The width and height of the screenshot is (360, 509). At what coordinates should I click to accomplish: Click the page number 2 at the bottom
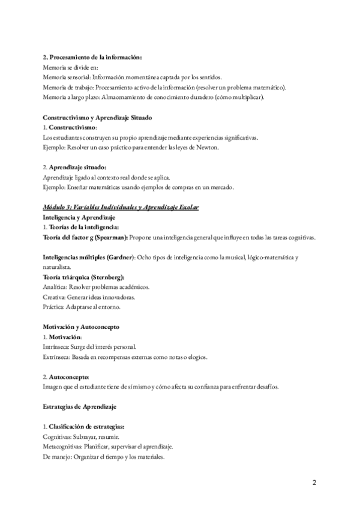(x=314, y=483)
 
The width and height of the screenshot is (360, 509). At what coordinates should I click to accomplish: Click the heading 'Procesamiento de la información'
(x=96, y=57)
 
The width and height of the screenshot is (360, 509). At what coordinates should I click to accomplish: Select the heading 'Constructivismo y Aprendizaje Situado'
(x=98, y=118)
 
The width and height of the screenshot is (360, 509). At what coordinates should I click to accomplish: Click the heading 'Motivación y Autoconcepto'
(x=81, y=327)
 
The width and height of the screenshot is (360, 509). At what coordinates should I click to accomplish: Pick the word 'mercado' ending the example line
(x=220, y=187)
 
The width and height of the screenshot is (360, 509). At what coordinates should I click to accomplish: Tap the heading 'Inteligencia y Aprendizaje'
(x=79, y=217)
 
